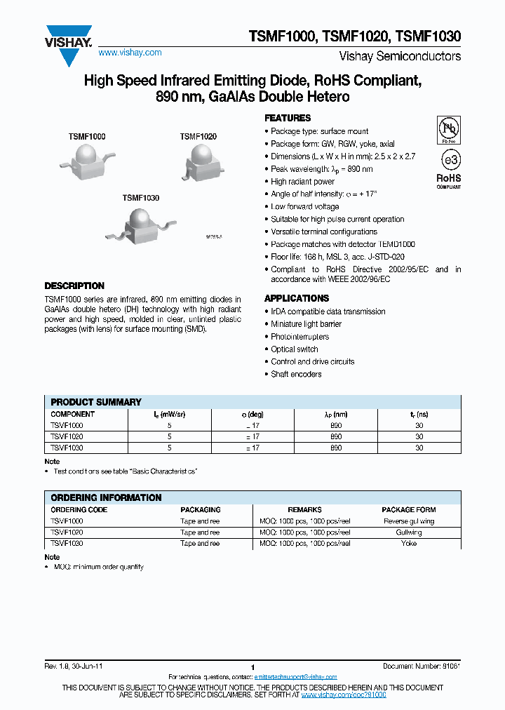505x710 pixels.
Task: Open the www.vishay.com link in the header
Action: point(130,53)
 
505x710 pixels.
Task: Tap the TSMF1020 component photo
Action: point(202,161)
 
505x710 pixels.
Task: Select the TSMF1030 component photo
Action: point(143,225)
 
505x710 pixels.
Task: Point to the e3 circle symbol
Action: point(449,159)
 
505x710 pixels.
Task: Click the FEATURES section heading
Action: point(288,118)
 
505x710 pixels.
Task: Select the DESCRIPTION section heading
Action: point(74,286)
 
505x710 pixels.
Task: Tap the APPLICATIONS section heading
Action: point(297,298)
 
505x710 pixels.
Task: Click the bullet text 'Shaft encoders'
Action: point(296,374)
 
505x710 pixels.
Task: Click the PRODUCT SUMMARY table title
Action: point(96,402)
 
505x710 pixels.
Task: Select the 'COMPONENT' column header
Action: point(73,414)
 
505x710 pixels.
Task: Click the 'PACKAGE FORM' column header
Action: point(408,509)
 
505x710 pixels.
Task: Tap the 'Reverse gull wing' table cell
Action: point(408,521)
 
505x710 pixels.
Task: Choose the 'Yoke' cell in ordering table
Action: point(408,543)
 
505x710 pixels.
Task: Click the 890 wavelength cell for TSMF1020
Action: point(336,436)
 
